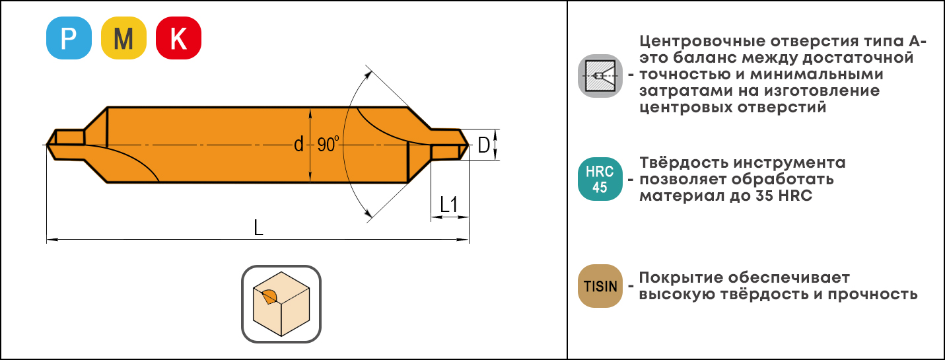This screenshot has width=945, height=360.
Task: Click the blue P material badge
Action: point(69,38)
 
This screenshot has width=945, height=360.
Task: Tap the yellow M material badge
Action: point(123,38)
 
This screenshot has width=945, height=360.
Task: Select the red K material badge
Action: point(178,38)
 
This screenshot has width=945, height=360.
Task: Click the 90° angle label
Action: point(328,145)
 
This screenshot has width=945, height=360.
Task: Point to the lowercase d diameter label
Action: point(298,145)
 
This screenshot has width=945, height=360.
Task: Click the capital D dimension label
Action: point(483,145)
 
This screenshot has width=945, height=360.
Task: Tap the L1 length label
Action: point(448,205)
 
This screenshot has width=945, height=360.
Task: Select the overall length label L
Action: point(258,227)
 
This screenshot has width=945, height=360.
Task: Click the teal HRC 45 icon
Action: point(600,179)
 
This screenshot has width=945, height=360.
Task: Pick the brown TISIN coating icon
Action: point(600,286)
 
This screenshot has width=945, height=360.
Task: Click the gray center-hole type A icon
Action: point(600,76)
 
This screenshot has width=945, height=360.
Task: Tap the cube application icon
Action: point(281,304)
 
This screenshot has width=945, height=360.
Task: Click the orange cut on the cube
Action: point(269,297)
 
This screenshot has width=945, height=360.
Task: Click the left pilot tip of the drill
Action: point(47,145)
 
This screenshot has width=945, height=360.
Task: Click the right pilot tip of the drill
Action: point(468,145)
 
